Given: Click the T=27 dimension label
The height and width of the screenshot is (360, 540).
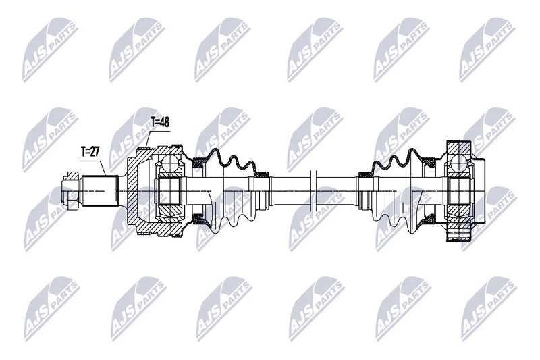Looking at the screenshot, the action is click(x=90, y=151).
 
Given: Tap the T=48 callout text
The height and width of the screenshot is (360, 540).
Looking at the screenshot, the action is click(x=159, y=122).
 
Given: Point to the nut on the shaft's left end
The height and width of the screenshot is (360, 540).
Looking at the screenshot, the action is click(x=71, y=191).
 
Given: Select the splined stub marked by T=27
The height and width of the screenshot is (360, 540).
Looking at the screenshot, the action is click(x=100, y=191).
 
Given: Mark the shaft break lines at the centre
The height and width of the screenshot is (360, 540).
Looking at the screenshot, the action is click(x=313, y=191).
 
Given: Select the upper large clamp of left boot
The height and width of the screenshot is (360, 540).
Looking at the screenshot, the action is click(x=198, y=162).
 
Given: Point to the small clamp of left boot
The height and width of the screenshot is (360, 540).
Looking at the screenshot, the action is click(x=263, y=174).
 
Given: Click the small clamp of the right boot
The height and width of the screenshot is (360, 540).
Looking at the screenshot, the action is click(x=364, y=175).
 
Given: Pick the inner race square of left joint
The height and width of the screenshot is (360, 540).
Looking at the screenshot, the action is click(x=169, y=191).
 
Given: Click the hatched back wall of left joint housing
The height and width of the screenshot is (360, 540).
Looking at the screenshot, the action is click(x=132, y=191).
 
